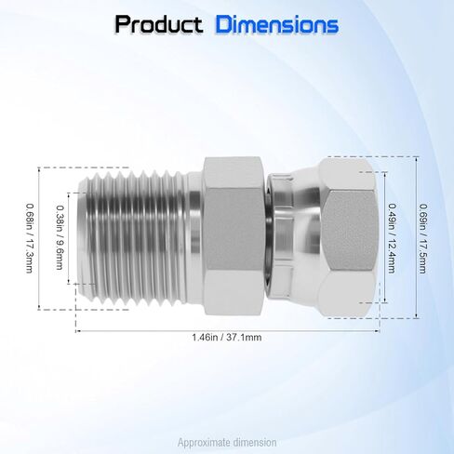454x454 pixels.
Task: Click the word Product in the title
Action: pos(159,24)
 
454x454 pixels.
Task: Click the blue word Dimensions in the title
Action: pos(277,24)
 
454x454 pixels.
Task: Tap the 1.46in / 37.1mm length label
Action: pos(227,338)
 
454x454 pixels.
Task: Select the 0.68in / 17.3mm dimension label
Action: pos(30,238)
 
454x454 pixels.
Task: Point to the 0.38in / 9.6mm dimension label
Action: pos(60,237)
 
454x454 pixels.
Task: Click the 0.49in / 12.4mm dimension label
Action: pos(392,238)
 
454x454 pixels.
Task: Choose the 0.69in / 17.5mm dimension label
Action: pos(422,238)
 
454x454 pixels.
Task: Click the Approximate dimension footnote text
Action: pos(227,442)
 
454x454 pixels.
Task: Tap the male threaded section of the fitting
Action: pos(132,237)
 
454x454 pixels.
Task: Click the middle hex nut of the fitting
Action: pos(234,236)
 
